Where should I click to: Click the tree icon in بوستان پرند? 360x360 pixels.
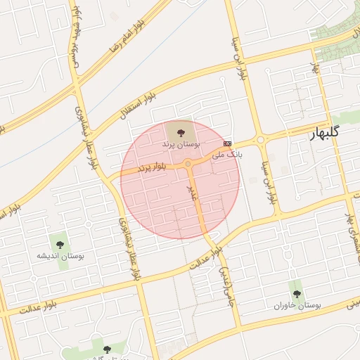(x=181, y=131)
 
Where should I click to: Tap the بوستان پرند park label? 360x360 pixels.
(x=181, y=143)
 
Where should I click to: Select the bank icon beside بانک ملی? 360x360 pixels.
(x=226, y=143)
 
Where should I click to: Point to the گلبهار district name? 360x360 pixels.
(x=324, y=132)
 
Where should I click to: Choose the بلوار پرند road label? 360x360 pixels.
(x=152, y=167)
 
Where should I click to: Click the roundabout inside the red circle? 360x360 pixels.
(x=188, y=164)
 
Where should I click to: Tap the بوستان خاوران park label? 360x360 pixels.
(x=297, y=307)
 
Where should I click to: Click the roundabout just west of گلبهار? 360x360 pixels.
(x=262, y=140)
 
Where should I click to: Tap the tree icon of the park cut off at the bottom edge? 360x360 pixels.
(x=107, y=349)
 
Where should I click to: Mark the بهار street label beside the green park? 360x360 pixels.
(x=315, y=70)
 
